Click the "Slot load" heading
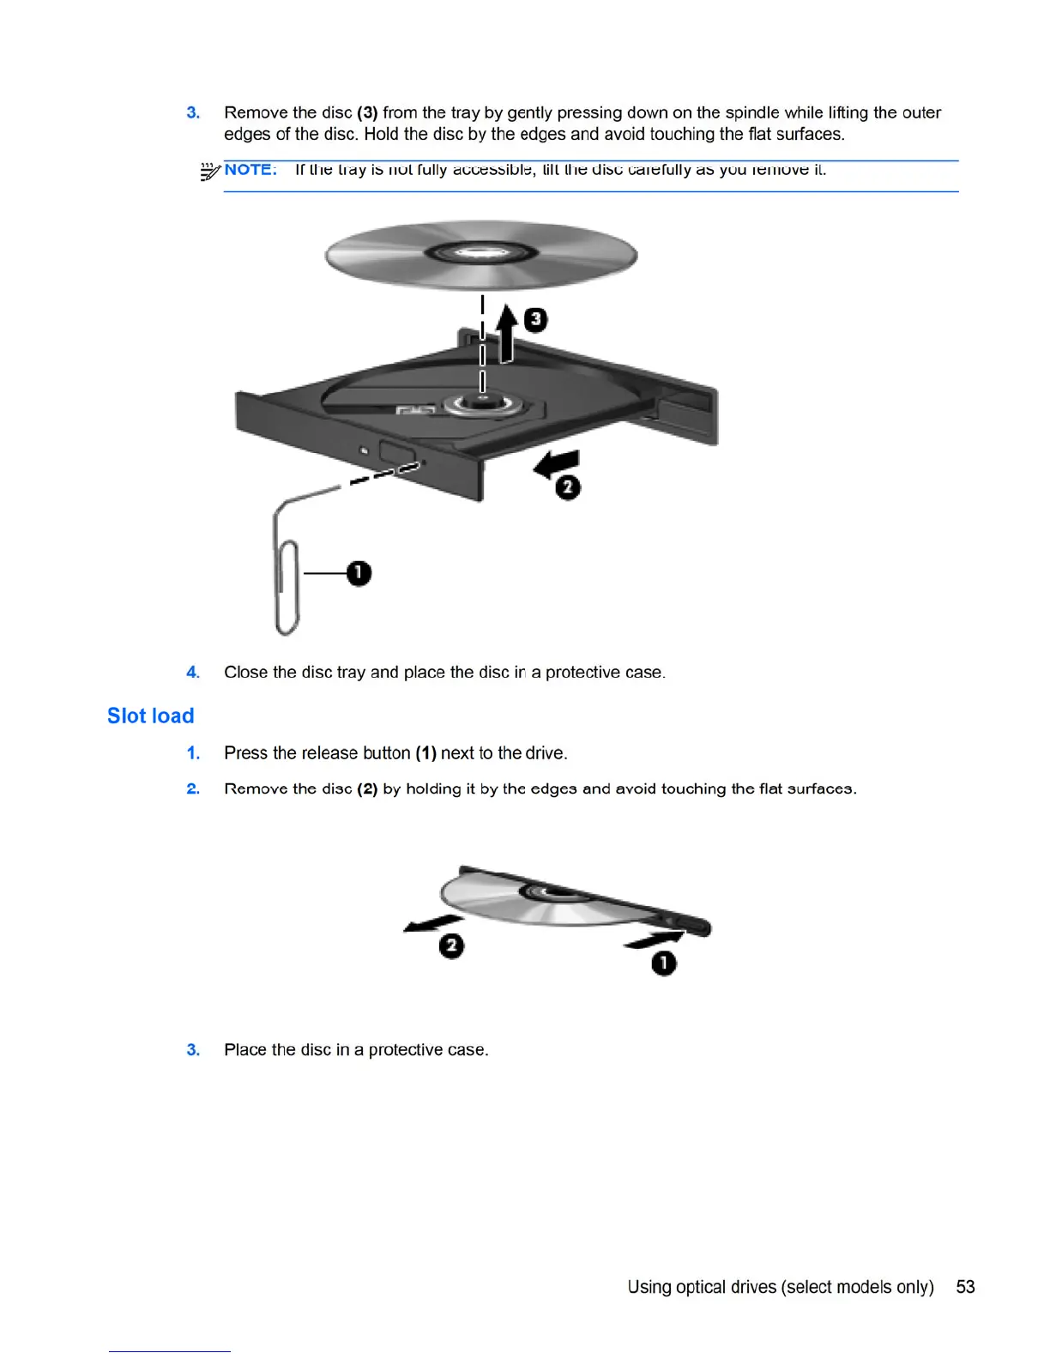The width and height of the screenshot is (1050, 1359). (x=150, y=716)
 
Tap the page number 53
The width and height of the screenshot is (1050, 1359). (x=965, y=1287)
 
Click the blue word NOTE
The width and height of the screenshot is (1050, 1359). (x=250, y=170)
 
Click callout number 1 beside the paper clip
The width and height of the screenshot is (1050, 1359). (x=359, y=573)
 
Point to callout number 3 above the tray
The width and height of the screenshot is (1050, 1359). (x=535, y=320)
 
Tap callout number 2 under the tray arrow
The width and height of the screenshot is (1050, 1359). (x=567, y=487)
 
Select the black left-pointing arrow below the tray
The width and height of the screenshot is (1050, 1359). (x=558, y=464)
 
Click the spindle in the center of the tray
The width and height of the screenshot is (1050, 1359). (x=482, y=402)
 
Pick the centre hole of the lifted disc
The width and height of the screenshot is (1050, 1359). (x=481, y=253)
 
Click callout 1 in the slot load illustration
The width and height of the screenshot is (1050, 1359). (x=664, y=963)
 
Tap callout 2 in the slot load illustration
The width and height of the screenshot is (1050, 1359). (x=451, y=946)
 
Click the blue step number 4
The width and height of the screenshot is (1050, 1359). (x=193, y=673)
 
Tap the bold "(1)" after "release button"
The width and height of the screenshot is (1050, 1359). (x=425, y=753)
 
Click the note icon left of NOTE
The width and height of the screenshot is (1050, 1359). (x=209, y=172)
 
